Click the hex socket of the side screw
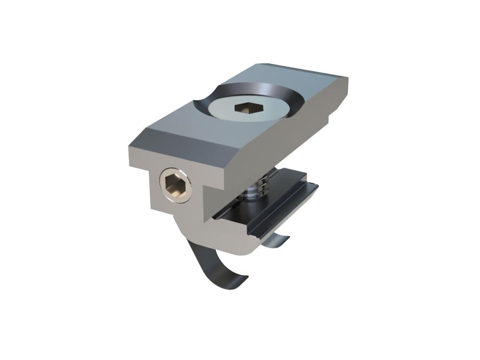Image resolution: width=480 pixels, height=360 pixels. pos(174,185)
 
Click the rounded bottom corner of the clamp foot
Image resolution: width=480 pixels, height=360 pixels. pos(250,250)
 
